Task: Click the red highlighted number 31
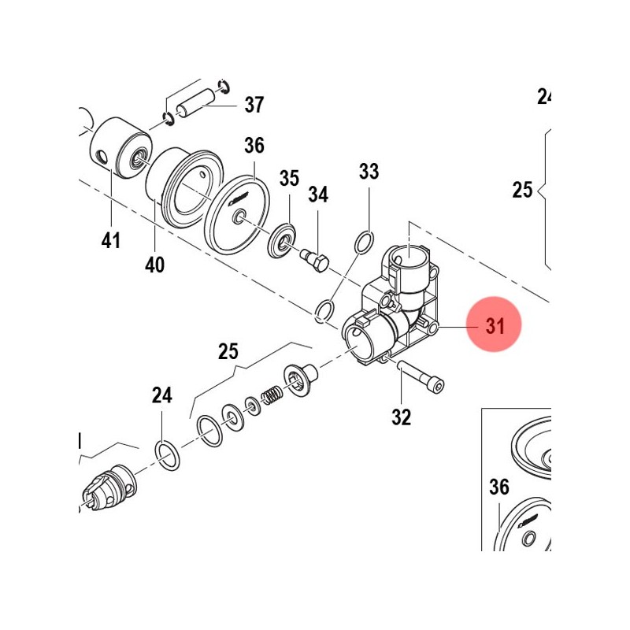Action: [495, 326]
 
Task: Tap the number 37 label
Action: [254, 105]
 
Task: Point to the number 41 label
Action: [111, 240]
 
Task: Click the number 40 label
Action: [155, 265]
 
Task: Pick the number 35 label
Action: [290, 178]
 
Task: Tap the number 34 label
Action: [318, 195]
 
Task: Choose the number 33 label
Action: [369, 171]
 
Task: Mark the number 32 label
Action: [402, 417]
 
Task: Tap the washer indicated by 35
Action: [282, 241]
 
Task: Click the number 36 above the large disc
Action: [254, 146]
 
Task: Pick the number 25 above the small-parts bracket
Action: [228, 351]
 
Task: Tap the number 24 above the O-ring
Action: [161, 395]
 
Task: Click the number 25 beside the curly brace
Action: [523, 190]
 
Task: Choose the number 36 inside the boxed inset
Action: [499, 488]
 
